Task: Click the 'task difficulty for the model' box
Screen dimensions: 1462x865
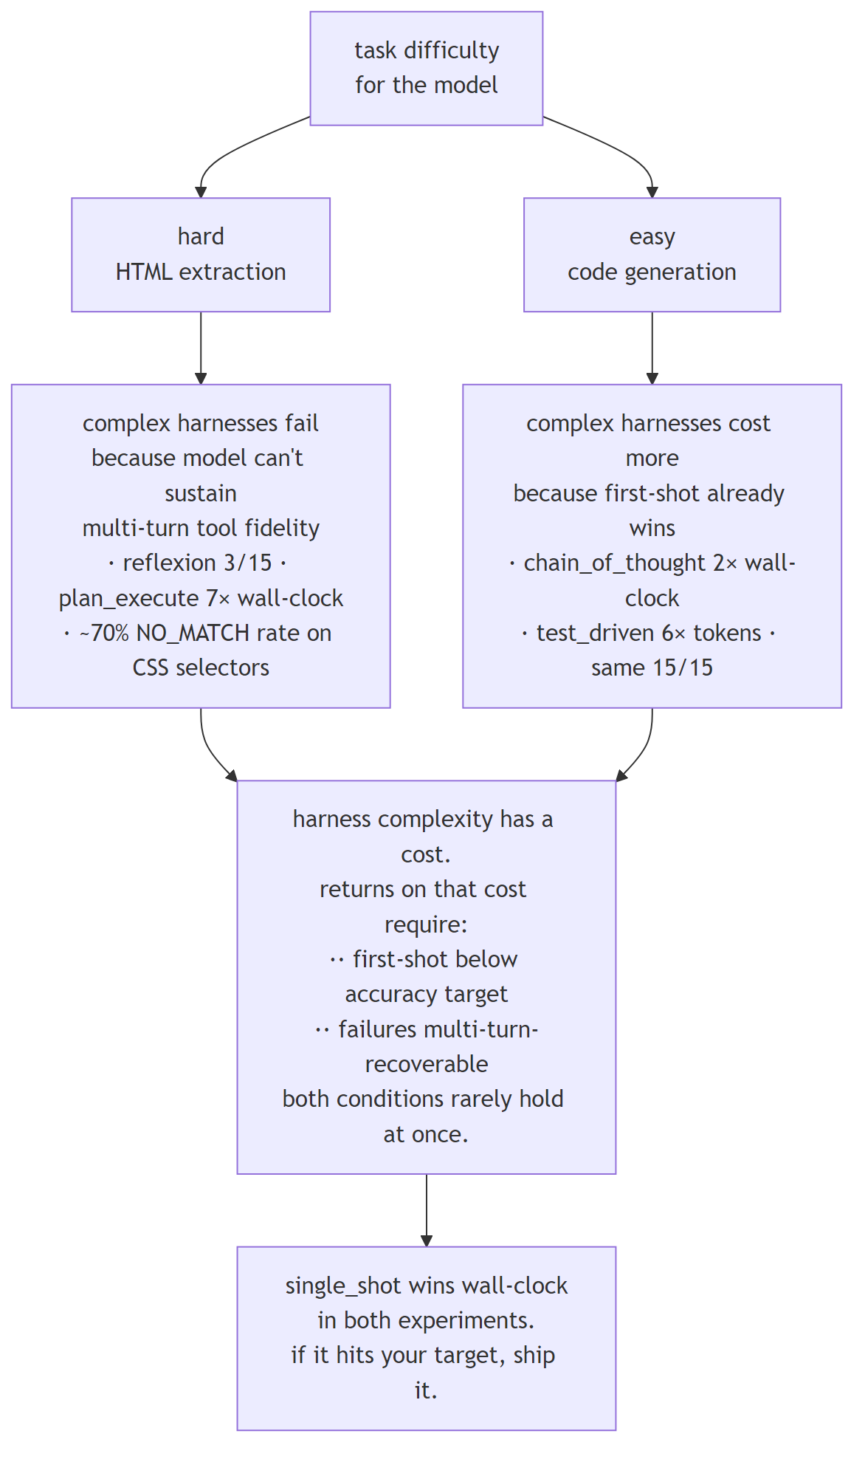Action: [426, 68]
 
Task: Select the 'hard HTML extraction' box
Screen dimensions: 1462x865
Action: [201, 254]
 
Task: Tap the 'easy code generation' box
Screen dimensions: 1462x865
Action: [652, 254]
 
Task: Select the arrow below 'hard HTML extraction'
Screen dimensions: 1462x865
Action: [201, 347]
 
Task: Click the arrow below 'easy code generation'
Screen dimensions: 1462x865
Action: [652, 347]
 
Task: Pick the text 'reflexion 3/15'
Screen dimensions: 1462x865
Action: [197, 563]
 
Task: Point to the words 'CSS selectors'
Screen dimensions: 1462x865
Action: [201, 667]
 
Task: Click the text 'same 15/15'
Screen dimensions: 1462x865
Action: [652, 667]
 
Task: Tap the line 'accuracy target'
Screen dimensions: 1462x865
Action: [426, 994]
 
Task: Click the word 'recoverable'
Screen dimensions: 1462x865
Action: [426, 1064]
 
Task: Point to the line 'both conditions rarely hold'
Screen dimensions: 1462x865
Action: [423, 1099]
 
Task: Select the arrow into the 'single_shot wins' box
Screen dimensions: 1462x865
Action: [426, 1211]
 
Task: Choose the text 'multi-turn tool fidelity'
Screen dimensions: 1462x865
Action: [201, 528]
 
